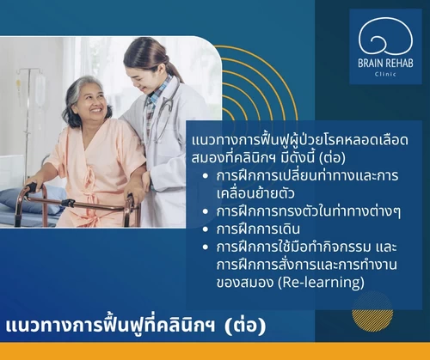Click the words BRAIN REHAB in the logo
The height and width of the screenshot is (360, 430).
click(385, 63)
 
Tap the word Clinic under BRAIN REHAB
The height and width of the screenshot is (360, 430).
click(385, 74)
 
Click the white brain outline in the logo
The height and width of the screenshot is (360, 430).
click(385, 36)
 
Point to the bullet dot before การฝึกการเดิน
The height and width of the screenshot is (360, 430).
click(205, 229)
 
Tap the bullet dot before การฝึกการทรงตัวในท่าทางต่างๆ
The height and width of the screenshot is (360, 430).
click(205, 211)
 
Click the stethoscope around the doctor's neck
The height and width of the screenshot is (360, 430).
click(168, 109)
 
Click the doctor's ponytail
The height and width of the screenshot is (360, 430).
click(175, 70)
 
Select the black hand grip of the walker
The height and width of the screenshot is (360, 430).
click(32, 187)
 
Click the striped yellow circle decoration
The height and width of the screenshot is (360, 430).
click(372, 312)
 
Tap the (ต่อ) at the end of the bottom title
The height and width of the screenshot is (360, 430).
click(245, 326)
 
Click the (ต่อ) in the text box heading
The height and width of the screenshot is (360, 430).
click(332, 158)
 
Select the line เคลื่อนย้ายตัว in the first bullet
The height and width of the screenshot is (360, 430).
click(255, 193)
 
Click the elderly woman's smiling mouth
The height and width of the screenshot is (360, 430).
click(96, 110)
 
